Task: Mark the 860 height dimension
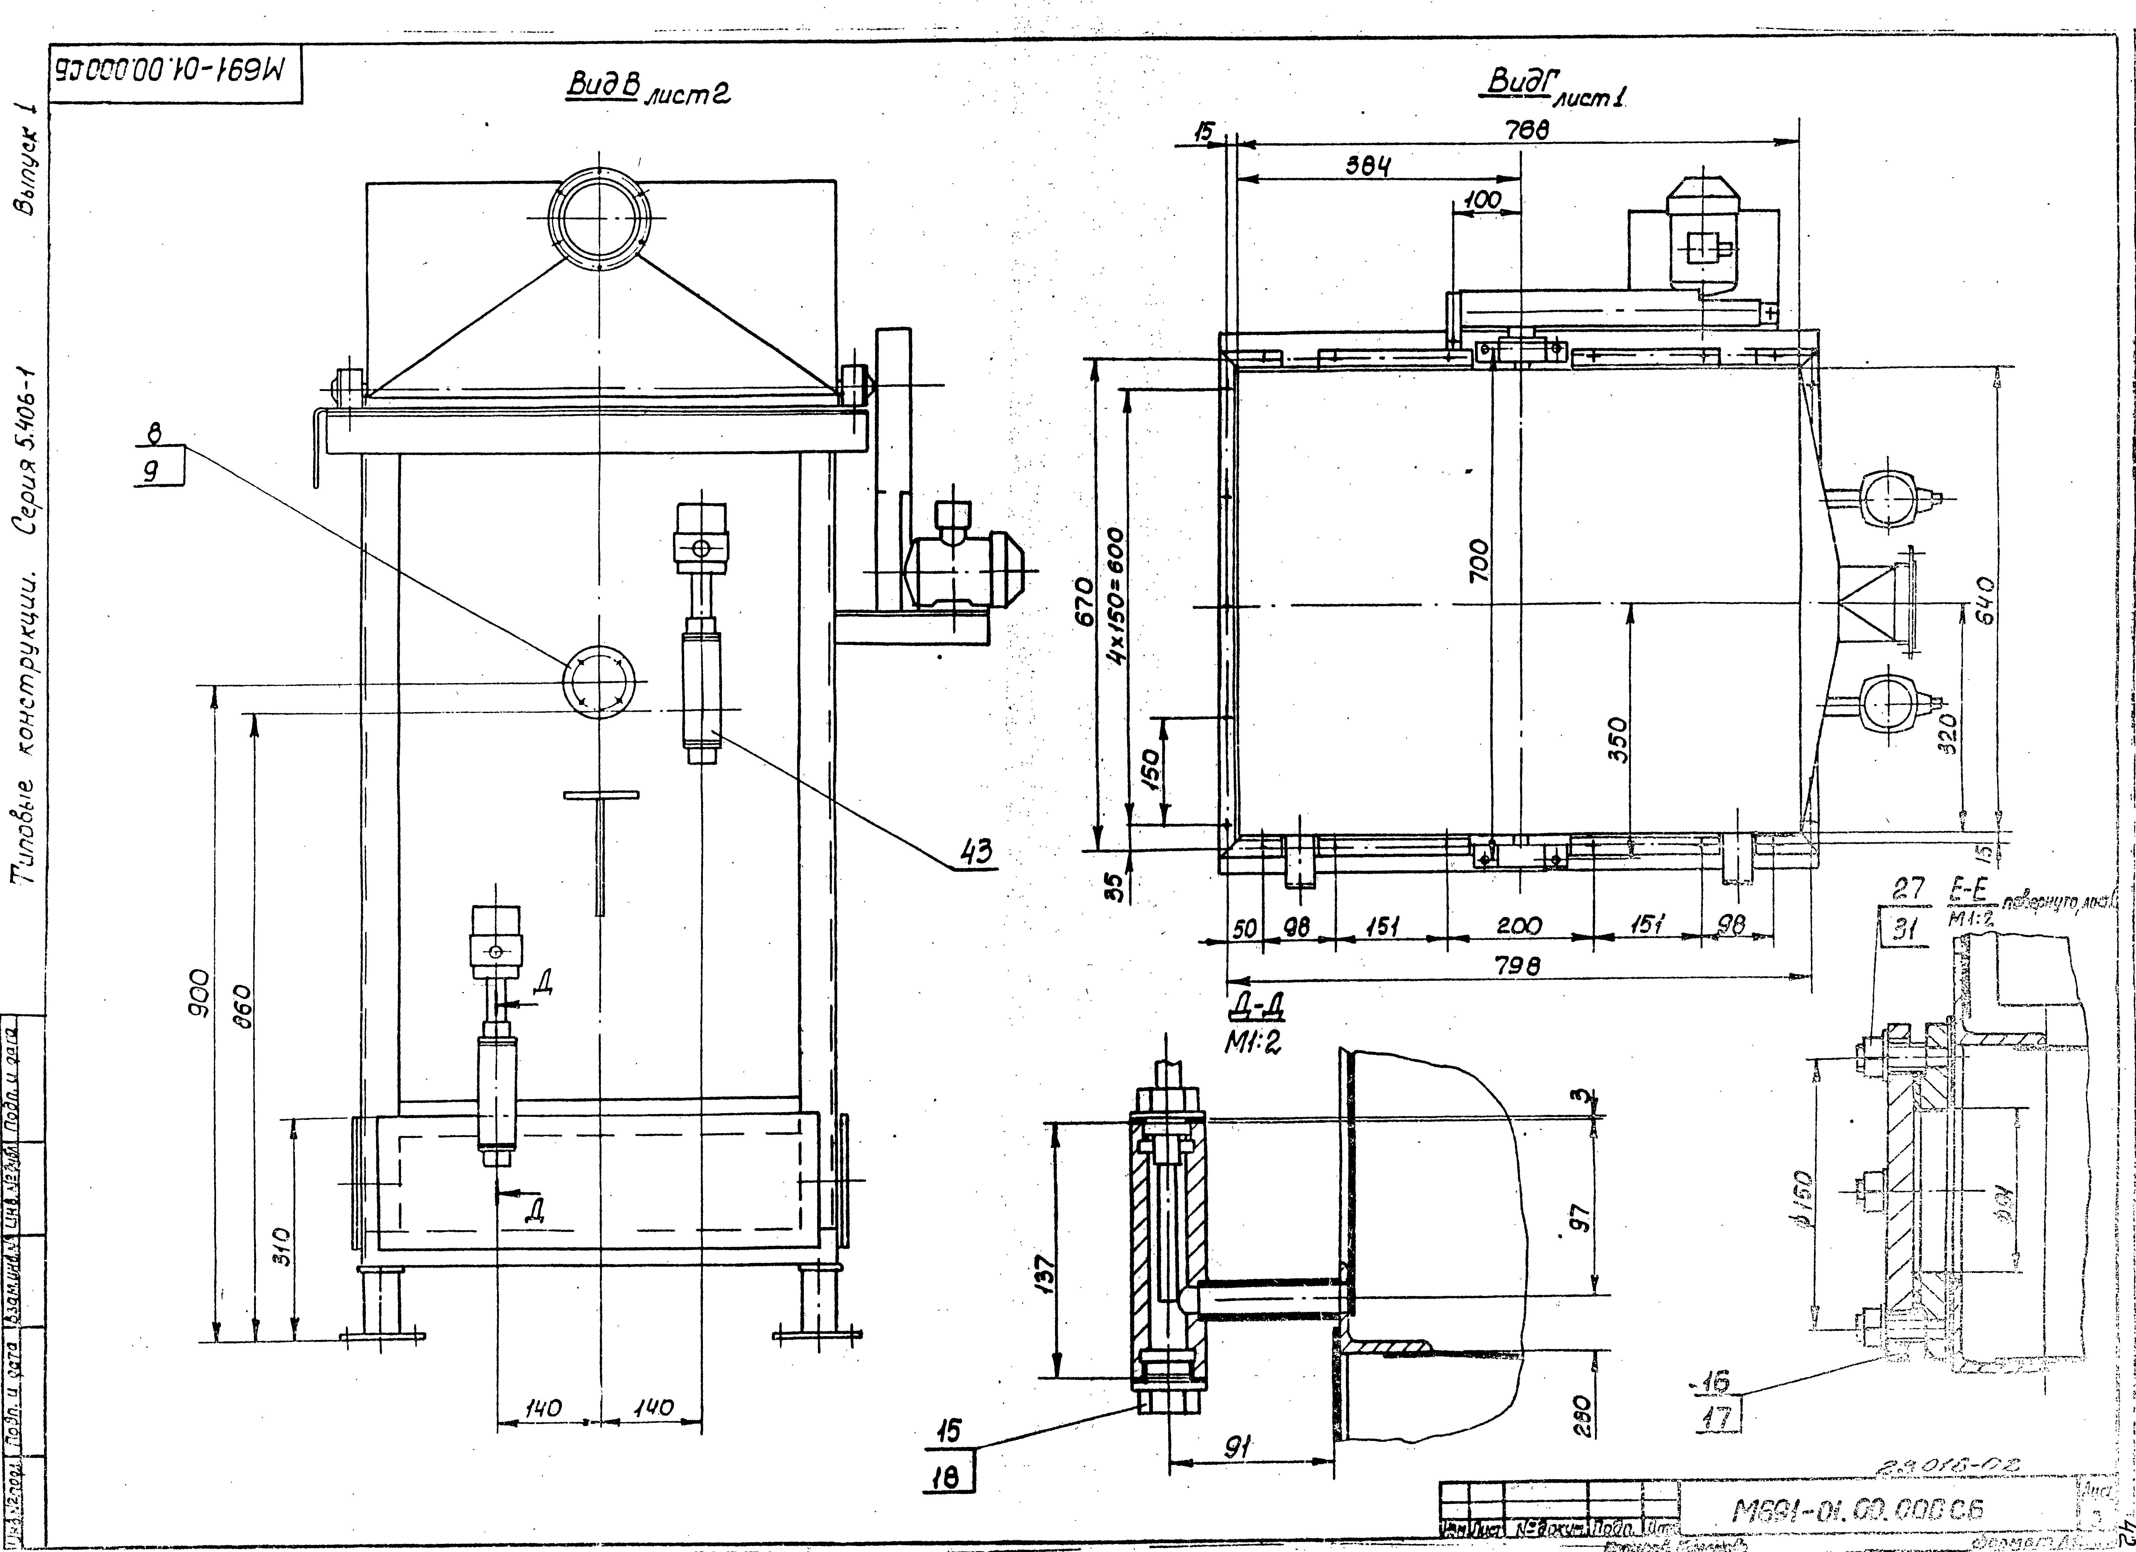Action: [243, 1008]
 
